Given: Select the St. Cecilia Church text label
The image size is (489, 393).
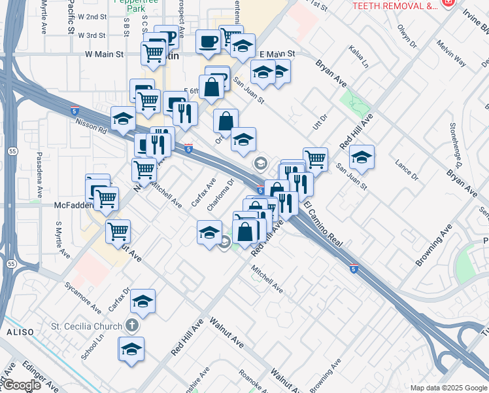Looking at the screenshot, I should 87,326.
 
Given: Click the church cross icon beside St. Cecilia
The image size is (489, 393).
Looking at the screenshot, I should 132,326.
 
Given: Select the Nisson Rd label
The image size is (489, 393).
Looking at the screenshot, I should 90,121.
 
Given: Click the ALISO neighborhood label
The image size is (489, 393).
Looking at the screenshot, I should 15,333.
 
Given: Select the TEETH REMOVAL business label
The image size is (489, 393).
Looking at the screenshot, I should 394,6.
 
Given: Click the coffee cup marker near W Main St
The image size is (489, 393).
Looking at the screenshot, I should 208,42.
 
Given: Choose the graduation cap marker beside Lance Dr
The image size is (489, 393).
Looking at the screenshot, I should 362,157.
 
